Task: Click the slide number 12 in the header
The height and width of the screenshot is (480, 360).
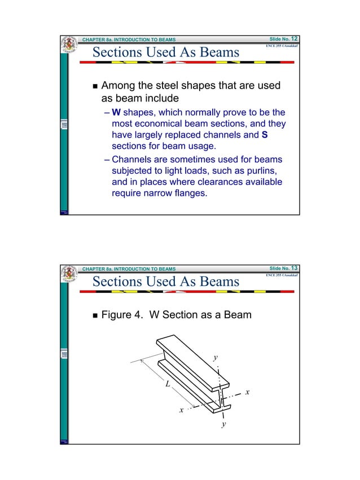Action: pyautogui.click(x=295, y=38)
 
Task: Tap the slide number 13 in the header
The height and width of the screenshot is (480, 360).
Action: pyautogui.click(x=295, y=268)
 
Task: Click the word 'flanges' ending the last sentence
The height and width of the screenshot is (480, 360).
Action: pyautogui.click(x=189, y=195)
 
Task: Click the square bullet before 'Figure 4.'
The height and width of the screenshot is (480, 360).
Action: pyautogui.click(x=94, y=315)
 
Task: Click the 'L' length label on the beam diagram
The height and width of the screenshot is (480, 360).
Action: pyautogui.click(x=168, y=384)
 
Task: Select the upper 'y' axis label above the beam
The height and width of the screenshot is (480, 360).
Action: pyautogui.click(x=215, y=358)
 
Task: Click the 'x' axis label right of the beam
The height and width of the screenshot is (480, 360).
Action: pyautogui.click(x=247, y=391)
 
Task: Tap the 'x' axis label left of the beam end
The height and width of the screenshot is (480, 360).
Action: pyautogui.click(x=181, y=410)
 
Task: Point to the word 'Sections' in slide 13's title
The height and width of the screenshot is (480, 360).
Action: pyautogui.click(x=117, y=281)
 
